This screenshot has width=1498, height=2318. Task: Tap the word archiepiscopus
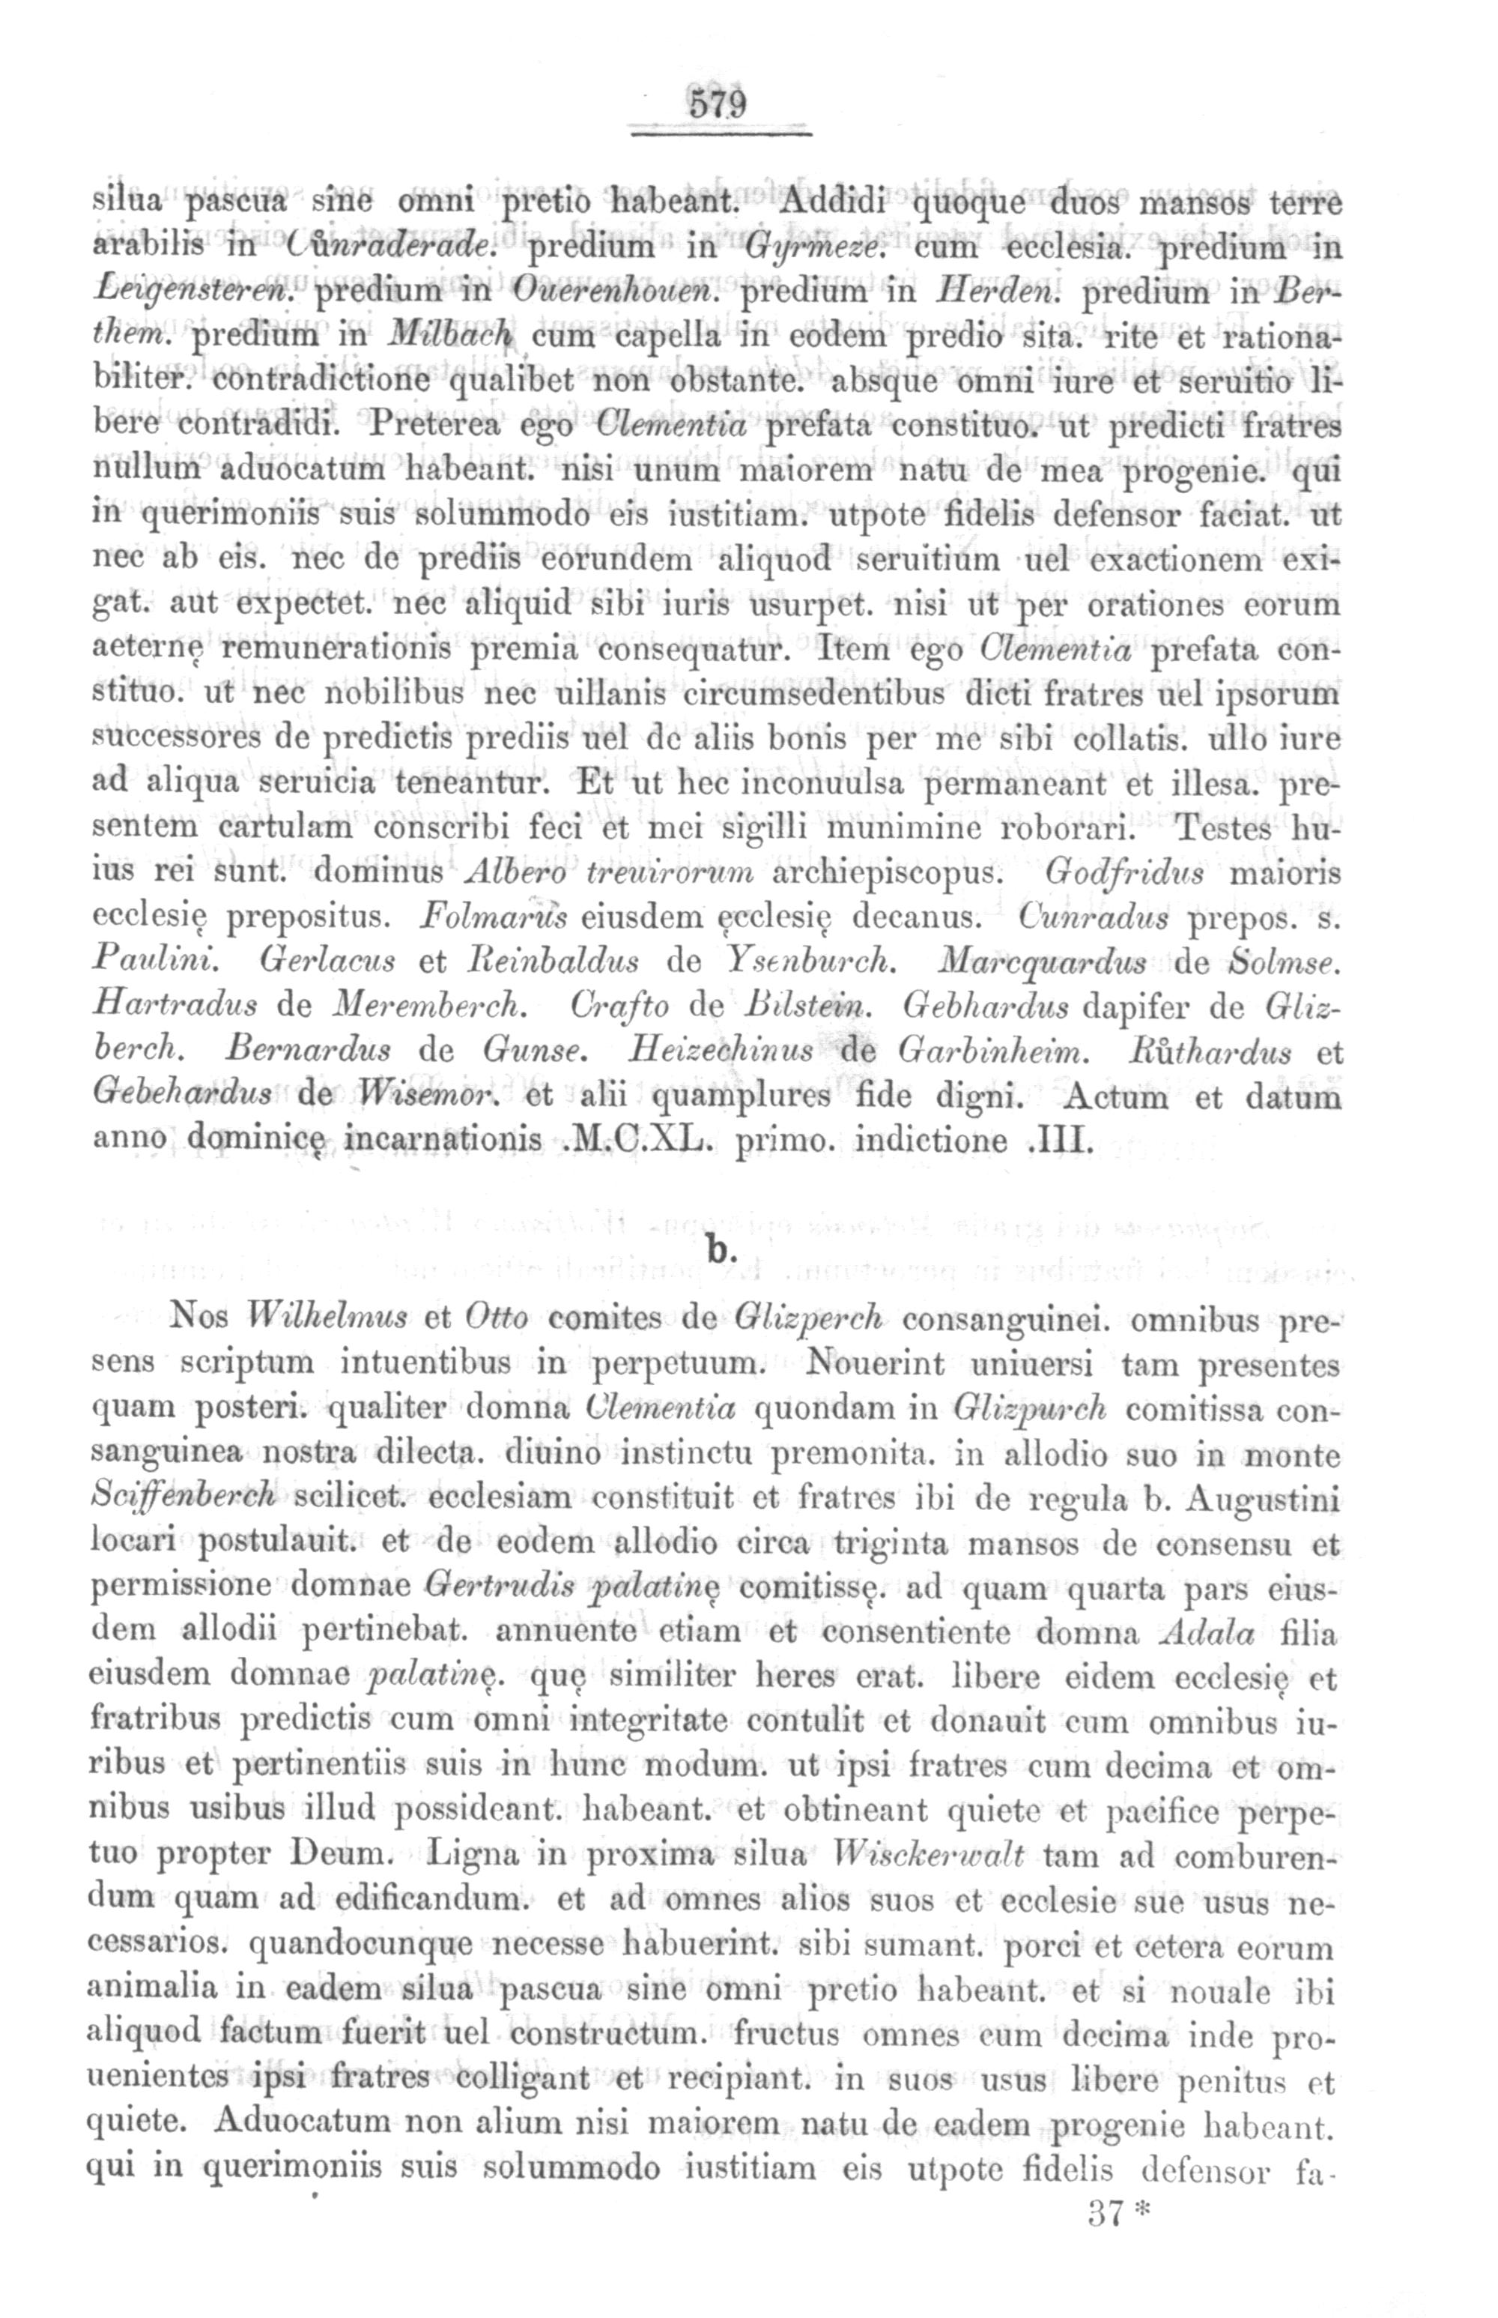point(885,874)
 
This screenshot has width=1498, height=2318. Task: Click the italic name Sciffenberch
point(185,1497)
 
